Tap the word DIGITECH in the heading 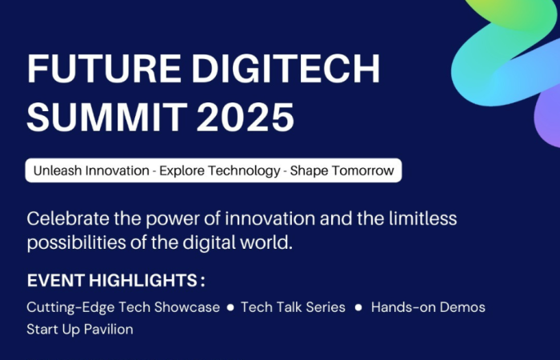[x=286, y=69]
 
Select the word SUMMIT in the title [x=107, y=117]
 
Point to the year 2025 [x=246, y=117]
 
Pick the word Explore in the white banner [x=182, y=171]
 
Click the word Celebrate [x=68, y=218]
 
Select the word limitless [x=423, y=218]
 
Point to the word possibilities [x=77, y=243]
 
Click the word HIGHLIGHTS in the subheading [x=143, y=280]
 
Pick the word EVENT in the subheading [x=56, y=280]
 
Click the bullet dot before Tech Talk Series [x=230, y=307]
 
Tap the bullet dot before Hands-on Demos [x=358, y=307]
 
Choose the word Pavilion [x=109, y=330]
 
